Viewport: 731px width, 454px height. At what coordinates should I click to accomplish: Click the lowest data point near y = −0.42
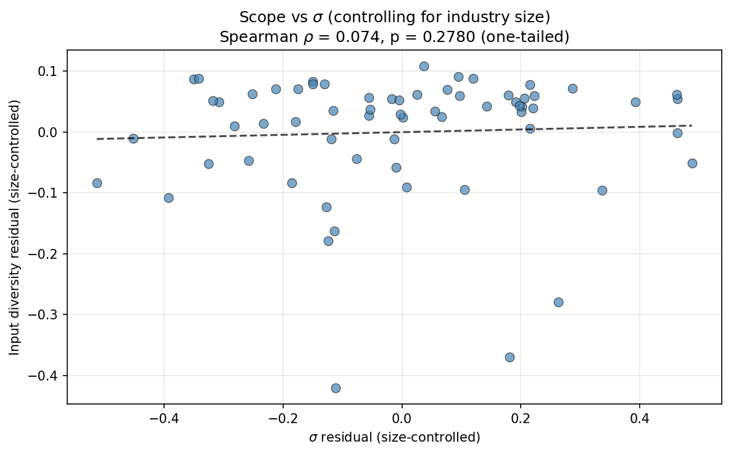336,388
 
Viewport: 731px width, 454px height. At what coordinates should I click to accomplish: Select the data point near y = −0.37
510,357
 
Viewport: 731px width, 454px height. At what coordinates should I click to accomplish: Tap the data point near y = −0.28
558,302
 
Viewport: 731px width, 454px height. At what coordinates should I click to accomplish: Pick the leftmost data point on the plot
97,183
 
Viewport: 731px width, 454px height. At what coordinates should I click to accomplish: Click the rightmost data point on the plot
692,163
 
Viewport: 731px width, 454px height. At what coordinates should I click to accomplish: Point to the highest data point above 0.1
424,66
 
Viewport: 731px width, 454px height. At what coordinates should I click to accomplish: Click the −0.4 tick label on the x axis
163,418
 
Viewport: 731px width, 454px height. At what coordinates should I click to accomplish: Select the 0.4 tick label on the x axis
640,418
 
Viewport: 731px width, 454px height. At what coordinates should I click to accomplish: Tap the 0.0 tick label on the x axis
402,418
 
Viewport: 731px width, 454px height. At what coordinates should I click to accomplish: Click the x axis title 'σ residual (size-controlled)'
394,437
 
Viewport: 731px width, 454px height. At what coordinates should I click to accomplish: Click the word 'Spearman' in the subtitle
249,36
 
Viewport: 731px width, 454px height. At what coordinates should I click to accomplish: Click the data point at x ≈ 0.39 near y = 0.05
635,102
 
